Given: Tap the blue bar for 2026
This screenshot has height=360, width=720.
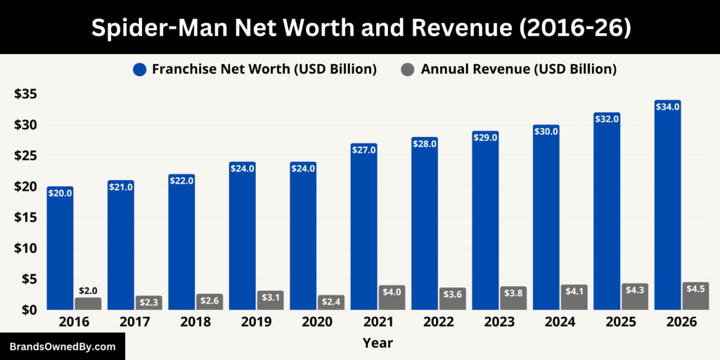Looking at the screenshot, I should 667,205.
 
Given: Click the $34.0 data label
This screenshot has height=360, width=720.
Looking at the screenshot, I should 667,107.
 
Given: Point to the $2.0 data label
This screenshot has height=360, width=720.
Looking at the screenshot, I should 89,290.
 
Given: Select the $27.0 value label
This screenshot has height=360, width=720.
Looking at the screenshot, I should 364,150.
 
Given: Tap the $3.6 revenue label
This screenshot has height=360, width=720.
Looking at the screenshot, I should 452,293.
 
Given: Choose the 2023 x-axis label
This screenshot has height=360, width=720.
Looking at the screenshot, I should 485,322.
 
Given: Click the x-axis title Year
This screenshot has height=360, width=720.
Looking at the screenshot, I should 378,343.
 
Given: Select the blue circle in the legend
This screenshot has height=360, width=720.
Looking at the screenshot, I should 139,70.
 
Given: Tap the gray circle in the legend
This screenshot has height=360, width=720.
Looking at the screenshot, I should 407,70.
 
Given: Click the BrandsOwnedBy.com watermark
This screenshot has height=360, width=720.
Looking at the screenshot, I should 63,347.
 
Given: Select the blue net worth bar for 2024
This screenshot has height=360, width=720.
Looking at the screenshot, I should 546,217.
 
